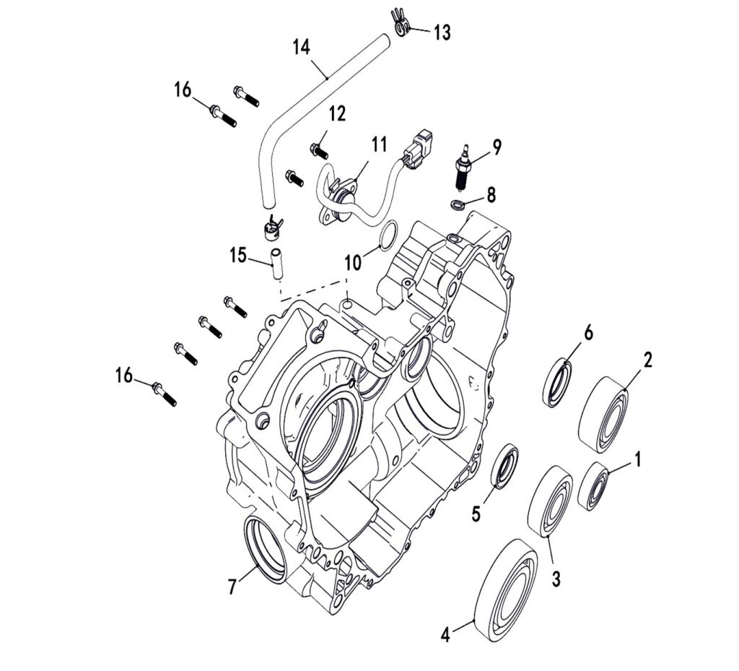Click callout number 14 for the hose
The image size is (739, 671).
click(x=301, y=48)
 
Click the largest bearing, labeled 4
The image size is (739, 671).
click(x=505, y=589)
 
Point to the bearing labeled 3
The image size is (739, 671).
click(x=551, y=501)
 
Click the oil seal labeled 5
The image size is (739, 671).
click(x=504, y=467)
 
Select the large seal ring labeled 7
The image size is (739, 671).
click(x=266, y=547)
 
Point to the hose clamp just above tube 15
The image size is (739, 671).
click(x=271, y=229)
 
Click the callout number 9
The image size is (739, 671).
click(x=497, y=147)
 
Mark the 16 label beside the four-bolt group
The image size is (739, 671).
click(x=124, y=375)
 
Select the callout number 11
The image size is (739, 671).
click(x=379, y=144)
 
